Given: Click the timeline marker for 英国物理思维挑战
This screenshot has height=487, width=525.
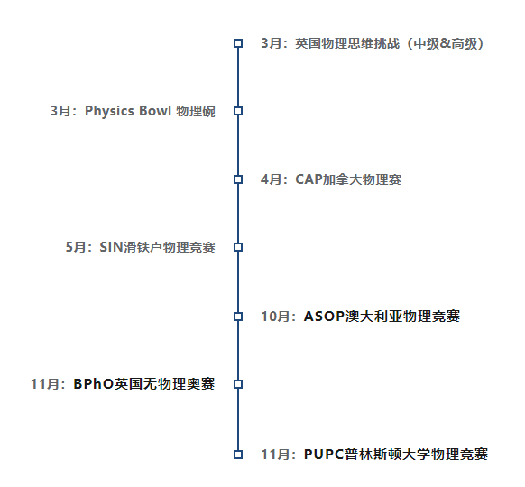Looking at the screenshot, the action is coord(238,43).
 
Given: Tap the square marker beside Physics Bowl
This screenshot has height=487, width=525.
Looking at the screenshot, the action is coord(238,111).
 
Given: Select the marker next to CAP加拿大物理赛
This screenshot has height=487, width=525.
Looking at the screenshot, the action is coord(238,179).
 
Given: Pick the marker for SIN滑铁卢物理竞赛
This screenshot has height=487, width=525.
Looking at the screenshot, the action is coord(238,247).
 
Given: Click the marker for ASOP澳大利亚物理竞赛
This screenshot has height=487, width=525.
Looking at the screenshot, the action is coord(238,317).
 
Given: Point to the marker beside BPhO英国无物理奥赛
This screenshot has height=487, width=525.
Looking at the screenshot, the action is coord(238,384).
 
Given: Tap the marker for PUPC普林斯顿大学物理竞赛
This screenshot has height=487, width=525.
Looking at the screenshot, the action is coord(238,455).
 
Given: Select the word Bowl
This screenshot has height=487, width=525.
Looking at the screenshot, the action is coord(155,111).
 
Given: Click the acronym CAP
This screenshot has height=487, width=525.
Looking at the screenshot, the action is coord(309,179).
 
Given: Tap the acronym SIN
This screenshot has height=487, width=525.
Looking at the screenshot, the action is coord(112,247).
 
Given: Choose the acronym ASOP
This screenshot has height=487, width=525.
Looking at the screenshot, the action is coord(324,317).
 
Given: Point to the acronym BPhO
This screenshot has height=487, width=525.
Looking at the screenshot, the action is coord(94,384).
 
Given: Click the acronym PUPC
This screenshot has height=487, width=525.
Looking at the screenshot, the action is coord(324,455).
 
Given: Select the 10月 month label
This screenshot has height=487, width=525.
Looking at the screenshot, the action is coord(275,317).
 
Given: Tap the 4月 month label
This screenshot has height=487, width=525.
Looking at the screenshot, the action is coord(271,179).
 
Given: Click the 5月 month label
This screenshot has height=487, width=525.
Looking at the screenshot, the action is coord(75,247).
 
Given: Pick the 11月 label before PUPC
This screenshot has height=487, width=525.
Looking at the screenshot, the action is coord(275,455).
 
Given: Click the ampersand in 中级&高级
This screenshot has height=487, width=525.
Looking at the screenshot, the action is coord(445,43).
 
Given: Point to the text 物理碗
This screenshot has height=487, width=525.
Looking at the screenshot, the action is coord(196,112).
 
